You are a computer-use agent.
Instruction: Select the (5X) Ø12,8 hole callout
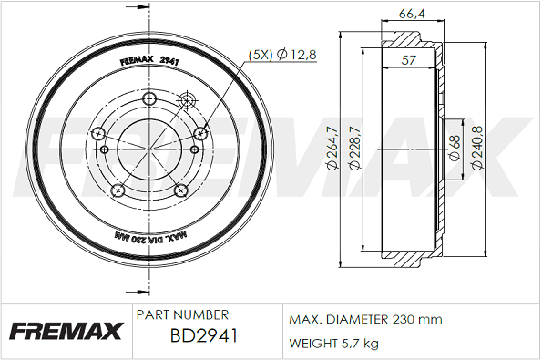click(282, 56)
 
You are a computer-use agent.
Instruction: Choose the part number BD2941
click(204, 336)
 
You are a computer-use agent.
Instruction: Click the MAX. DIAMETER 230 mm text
click(365, 319)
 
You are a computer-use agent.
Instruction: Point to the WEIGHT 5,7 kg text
click(333, 343)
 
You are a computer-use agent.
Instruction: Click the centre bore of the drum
click(148, 149)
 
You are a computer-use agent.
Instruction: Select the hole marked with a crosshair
click(189, 100)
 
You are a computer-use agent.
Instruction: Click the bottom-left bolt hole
click(118, 190)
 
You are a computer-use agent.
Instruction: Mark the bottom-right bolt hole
click(179, 190)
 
